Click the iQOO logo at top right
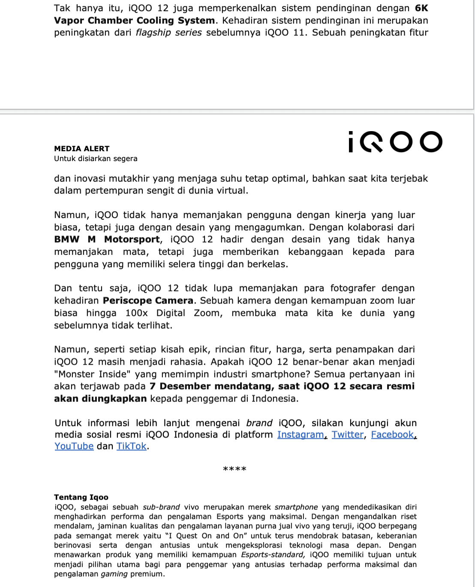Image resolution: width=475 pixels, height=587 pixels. point(395,142)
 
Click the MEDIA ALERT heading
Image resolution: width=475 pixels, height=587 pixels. point(81,149)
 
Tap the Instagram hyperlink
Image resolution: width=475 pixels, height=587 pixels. point(301,434)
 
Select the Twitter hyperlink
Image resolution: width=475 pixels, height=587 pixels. point(347,434)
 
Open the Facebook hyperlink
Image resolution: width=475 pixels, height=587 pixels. point(392,434)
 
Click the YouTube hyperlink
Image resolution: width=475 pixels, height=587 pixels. point(74,446)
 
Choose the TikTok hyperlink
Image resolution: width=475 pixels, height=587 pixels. point(131,446)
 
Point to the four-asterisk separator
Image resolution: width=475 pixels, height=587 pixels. point(234,469)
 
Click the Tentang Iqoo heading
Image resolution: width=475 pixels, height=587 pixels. point(81,497)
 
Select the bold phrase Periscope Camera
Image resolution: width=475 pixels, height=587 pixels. point(148,300)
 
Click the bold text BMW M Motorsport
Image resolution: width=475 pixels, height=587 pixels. point(107,239)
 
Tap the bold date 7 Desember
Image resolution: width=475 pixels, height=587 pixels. point(180,386)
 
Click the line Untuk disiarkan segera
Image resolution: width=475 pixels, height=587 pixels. point(96,159)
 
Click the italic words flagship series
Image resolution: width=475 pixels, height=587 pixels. point(168,33)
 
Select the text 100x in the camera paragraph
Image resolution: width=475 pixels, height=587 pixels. point(136,313)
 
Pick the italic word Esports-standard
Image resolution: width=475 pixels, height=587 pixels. point(273,554)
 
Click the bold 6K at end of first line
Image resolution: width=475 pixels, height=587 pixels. point(421,8)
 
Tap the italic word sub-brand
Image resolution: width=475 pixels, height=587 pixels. point(161,507)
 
